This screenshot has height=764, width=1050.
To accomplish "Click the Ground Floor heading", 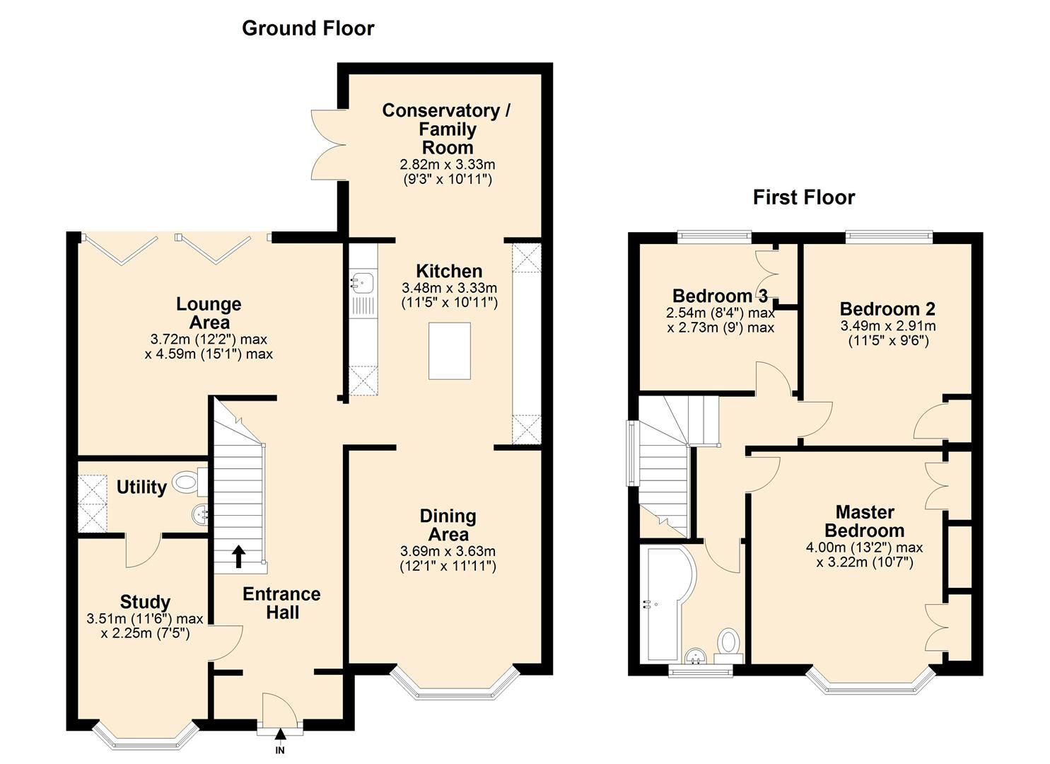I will [x=308, y=28].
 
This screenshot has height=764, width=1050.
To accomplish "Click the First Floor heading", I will [x=804, y=197].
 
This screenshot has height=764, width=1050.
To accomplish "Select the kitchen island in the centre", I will [x=449, y=350].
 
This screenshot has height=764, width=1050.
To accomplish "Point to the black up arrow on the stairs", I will [x=238, y=556].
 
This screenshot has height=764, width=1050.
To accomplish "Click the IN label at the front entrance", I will [x=280, y=751].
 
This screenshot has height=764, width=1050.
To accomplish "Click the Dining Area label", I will [x=448, y=525].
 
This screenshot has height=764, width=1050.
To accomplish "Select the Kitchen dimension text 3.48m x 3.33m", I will [x=449, y=288].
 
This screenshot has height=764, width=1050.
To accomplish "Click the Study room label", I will [x=145, y=602].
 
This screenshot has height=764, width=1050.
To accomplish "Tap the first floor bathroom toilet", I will [x=728, y=643].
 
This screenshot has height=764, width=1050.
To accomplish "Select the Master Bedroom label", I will [x=864, y=521].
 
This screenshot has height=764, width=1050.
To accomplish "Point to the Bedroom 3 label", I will [x=720, y=296].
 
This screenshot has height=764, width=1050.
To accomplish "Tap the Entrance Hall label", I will [x=281, y=603].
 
